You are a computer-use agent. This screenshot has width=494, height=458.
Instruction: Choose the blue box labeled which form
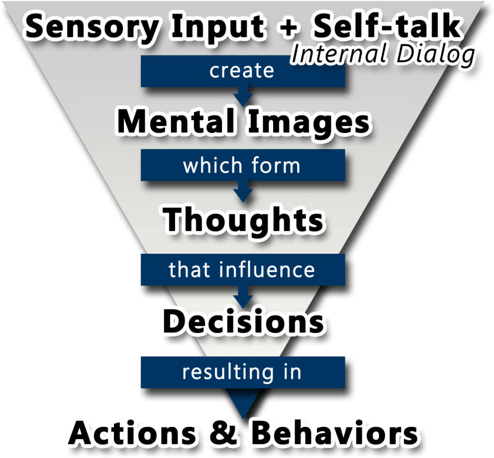click(243, 166)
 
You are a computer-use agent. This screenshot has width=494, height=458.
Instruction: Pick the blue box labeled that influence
click(243, 270)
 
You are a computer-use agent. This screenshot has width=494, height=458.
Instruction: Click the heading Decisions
click(243, 321)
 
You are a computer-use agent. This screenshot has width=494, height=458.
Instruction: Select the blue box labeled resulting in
click(243, 372)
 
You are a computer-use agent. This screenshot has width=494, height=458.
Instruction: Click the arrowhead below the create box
click(243, 97)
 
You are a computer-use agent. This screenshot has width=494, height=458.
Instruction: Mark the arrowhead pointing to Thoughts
click(243, 195)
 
